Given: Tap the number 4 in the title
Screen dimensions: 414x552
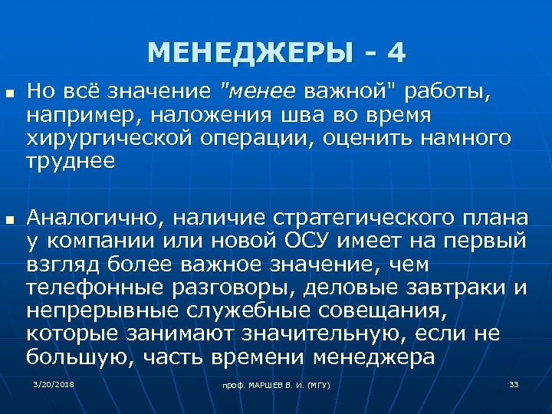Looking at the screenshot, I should (396, 53).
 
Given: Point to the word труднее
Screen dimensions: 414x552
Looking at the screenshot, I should (71, 162).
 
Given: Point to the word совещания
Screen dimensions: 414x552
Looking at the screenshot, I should (346, 311).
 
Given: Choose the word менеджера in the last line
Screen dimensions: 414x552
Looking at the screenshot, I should (374, 357).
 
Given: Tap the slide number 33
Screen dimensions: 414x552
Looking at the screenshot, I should (514, 383).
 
